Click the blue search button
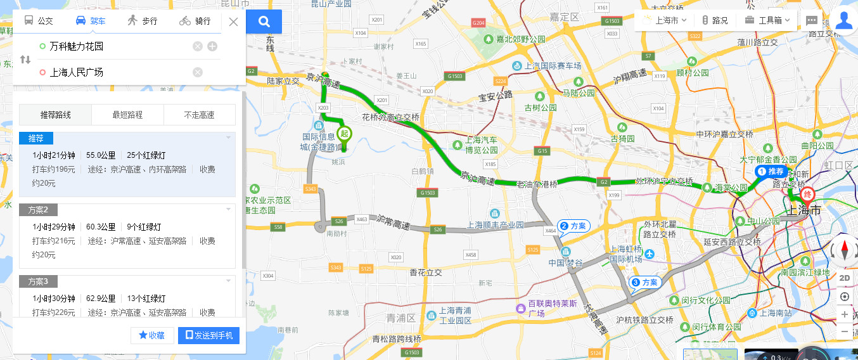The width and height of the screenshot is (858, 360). pos(264,22)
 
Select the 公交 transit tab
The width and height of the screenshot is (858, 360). pos(39,20)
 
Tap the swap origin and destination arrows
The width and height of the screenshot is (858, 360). pos(25,60)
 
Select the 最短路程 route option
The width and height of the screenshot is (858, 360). pos(127,115)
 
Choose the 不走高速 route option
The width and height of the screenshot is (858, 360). pos(199,115)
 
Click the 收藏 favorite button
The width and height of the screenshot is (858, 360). pos(152,335)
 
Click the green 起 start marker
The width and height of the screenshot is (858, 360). pos(344,134)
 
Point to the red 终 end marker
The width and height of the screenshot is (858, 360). pos(807,194)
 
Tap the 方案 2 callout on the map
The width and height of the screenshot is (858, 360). pos(573,226)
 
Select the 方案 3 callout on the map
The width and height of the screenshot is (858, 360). pos(645,282)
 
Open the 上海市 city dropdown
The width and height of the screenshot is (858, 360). pos(670,20)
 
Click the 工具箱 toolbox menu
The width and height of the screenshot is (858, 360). pos(767,20)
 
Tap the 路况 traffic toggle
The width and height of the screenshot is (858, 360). pos(715,20)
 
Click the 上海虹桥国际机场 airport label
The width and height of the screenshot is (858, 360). pos(626,254)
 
